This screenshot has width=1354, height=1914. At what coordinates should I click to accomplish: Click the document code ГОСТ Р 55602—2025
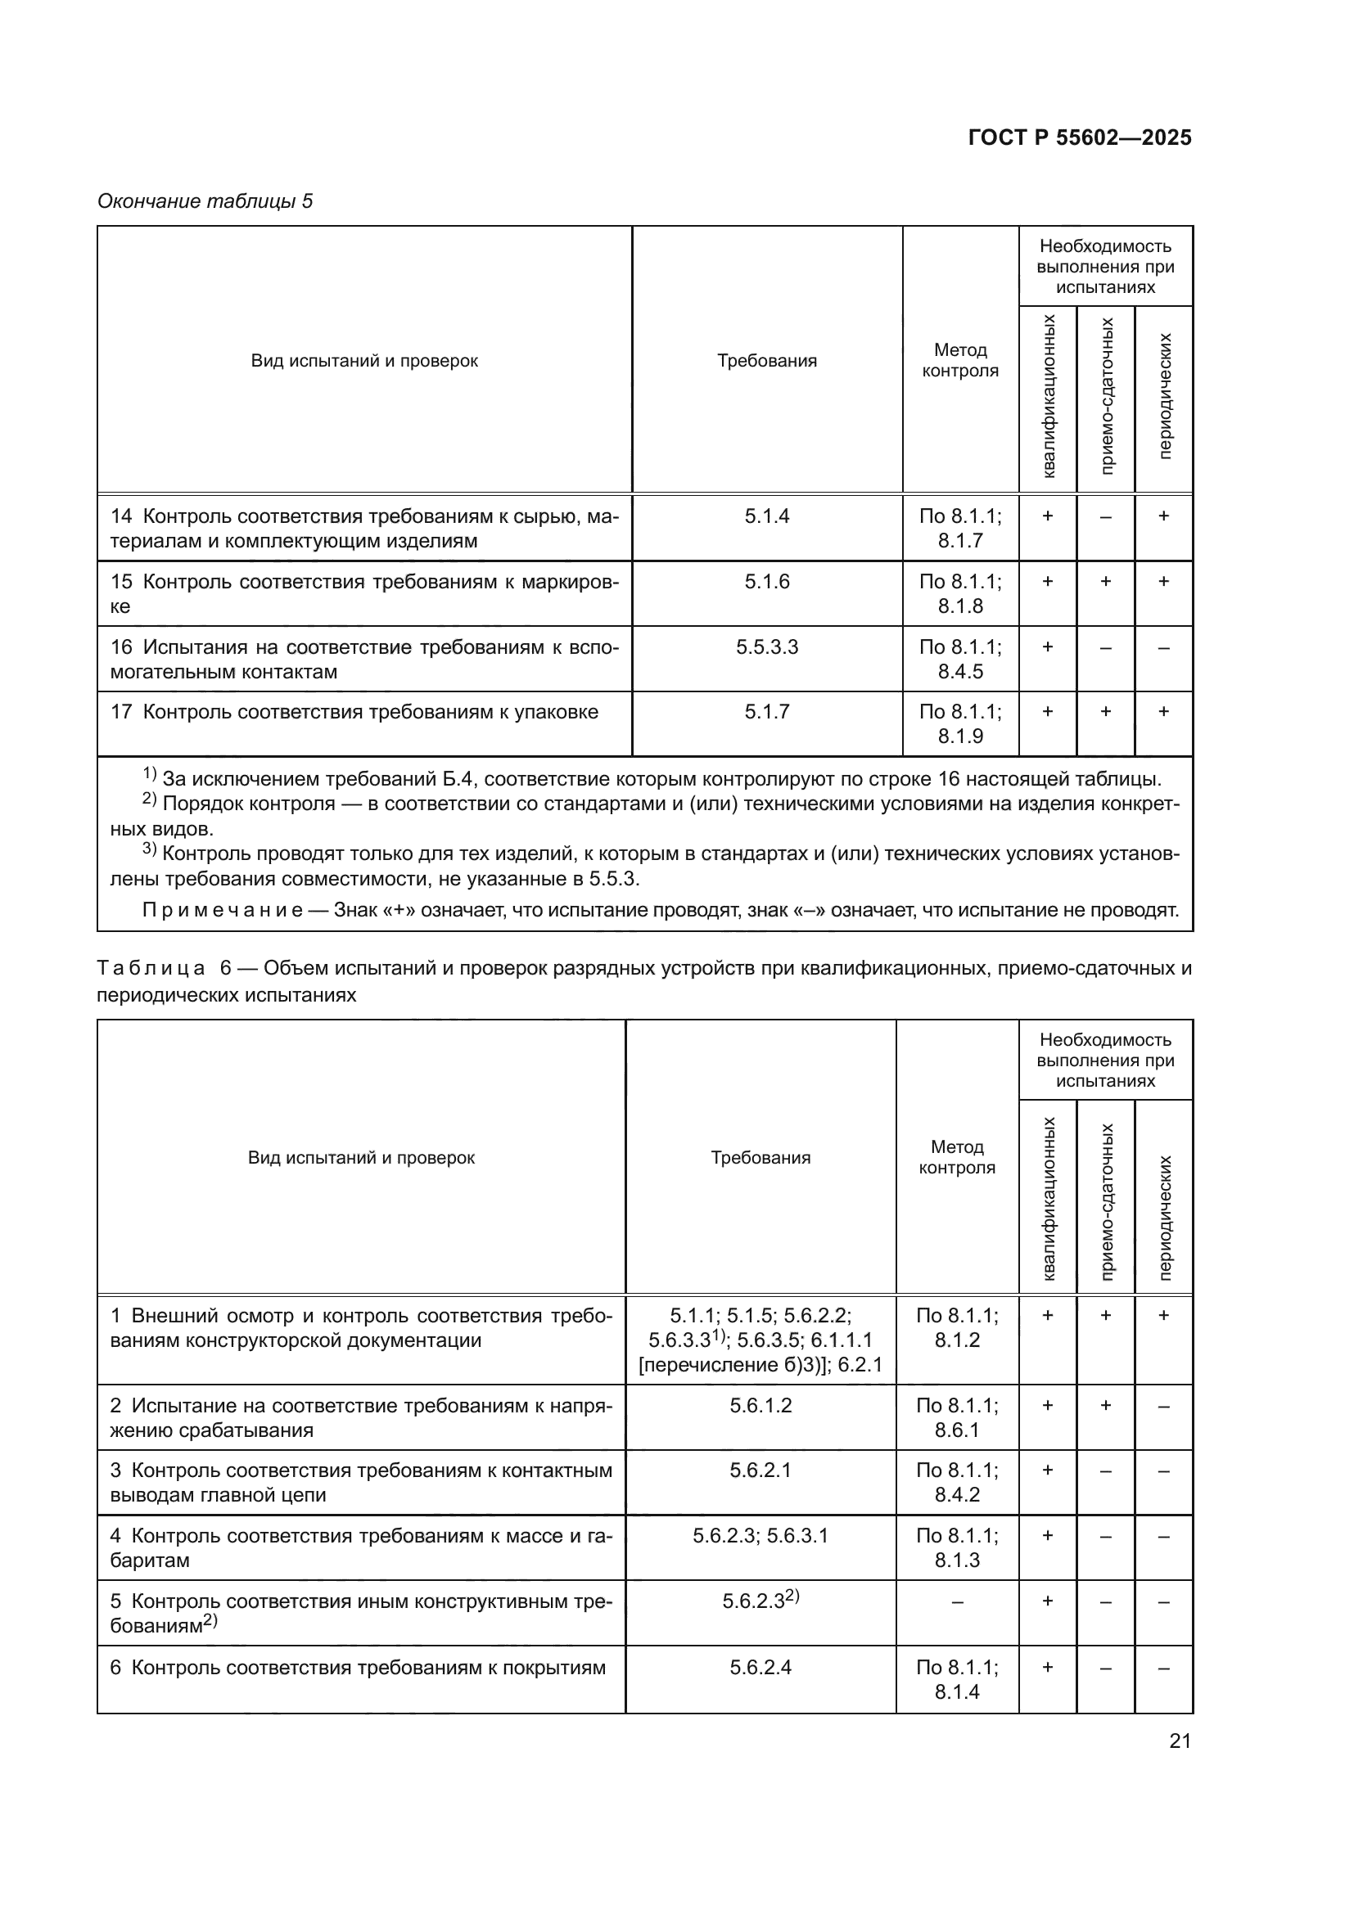pos(1079,138)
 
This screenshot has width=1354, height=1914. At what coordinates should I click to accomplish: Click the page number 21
pos(1179,1741)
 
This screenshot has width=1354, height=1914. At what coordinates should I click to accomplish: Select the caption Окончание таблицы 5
pos(205,201)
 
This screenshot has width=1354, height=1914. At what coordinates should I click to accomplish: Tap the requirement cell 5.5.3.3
pos(766,647)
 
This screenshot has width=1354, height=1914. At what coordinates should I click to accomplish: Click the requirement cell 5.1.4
pos(766,516)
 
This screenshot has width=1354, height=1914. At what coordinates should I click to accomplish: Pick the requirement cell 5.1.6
pos(766,582)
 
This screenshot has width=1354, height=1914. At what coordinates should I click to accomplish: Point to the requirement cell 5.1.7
pos(766,712)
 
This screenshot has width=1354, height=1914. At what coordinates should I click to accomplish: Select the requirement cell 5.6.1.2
pos(760,1406)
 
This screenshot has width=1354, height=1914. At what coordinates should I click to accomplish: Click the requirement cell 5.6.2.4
pos(760,1667)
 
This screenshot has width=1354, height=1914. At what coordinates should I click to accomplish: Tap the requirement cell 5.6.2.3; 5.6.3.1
pos(760,1535)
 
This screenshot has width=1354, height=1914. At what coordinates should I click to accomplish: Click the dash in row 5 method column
pos(956,1602)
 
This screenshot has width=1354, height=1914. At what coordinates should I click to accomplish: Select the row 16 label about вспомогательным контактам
pos(364,660)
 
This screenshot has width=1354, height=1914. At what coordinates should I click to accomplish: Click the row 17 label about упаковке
pos(354,712)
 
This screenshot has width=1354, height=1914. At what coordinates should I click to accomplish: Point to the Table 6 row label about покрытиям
pos(359,1667)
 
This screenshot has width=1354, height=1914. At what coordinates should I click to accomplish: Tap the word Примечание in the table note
pos(222,909)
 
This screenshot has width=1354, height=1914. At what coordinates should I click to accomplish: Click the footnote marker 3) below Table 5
pos(149,849)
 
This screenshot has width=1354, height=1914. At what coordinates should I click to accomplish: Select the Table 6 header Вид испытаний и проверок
pos(361,1158)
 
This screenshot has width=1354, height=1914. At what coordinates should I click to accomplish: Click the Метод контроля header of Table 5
pos(959,360)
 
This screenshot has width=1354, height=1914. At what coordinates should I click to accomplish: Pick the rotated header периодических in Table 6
pos(1164,1218)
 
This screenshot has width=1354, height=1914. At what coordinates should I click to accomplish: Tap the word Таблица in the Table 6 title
pos(151,969)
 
